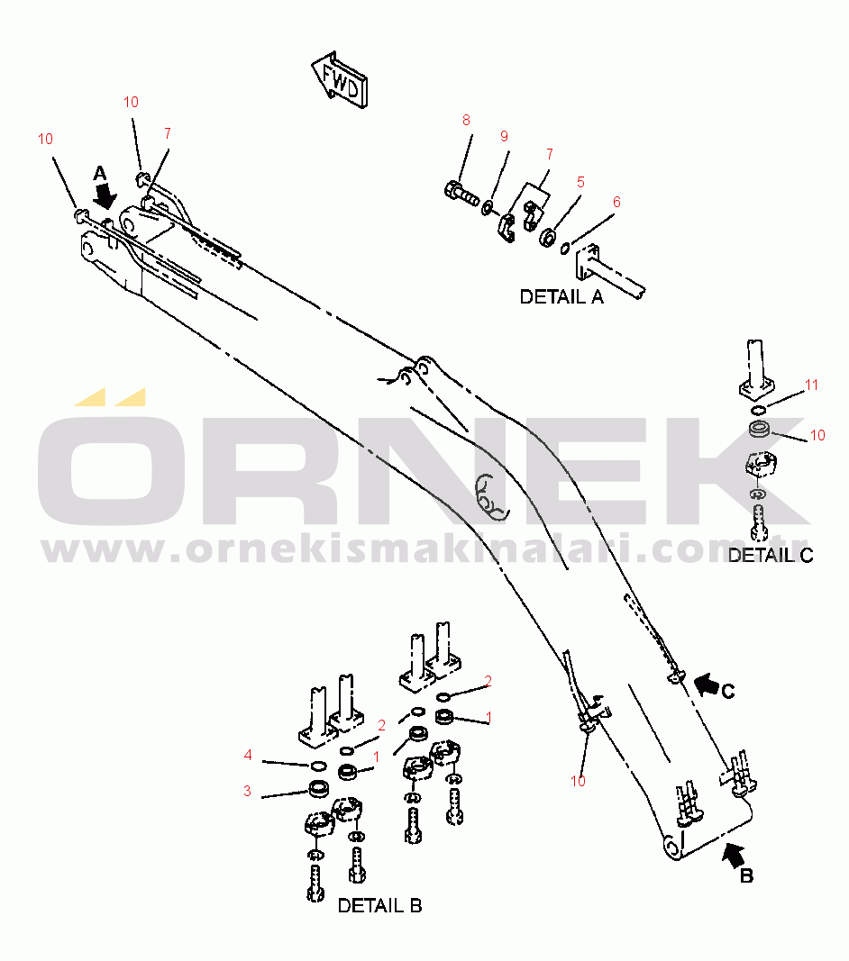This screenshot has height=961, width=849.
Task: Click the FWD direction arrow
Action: (340, 79)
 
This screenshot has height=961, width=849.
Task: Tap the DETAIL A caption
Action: (561, 296)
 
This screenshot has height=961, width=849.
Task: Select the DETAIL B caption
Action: (379, 905)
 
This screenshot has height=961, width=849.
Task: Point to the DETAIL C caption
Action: (771, 556)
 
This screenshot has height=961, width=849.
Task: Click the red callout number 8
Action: (466, 120)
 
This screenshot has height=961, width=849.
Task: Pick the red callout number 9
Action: (504, 136)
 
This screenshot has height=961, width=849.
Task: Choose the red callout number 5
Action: (580, 182)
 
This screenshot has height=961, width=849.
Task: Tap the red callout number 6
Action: (616, 202)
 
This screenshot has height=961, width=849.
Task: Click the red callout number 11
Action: (811, 385)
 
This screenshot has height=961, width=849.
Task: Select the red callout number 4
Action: (248, 755)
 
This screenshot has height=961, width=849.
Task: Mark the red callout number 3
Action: (247, 791)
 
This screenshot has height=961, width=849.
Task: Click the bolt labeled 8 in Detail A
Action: (461, 193)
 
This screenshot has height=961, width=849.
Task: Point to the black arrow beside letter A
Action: (106, 197)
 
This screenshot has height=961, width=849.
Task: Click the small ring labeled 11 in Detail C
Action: (758, 410)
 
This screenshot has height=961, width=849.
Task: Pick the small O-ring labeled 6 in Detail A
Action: (565, 248)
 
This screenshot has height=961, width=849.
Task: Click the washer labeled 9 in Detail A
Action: (488, 207)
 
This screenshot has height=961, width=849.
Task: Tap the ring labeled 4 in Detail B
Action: (318, 765)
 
